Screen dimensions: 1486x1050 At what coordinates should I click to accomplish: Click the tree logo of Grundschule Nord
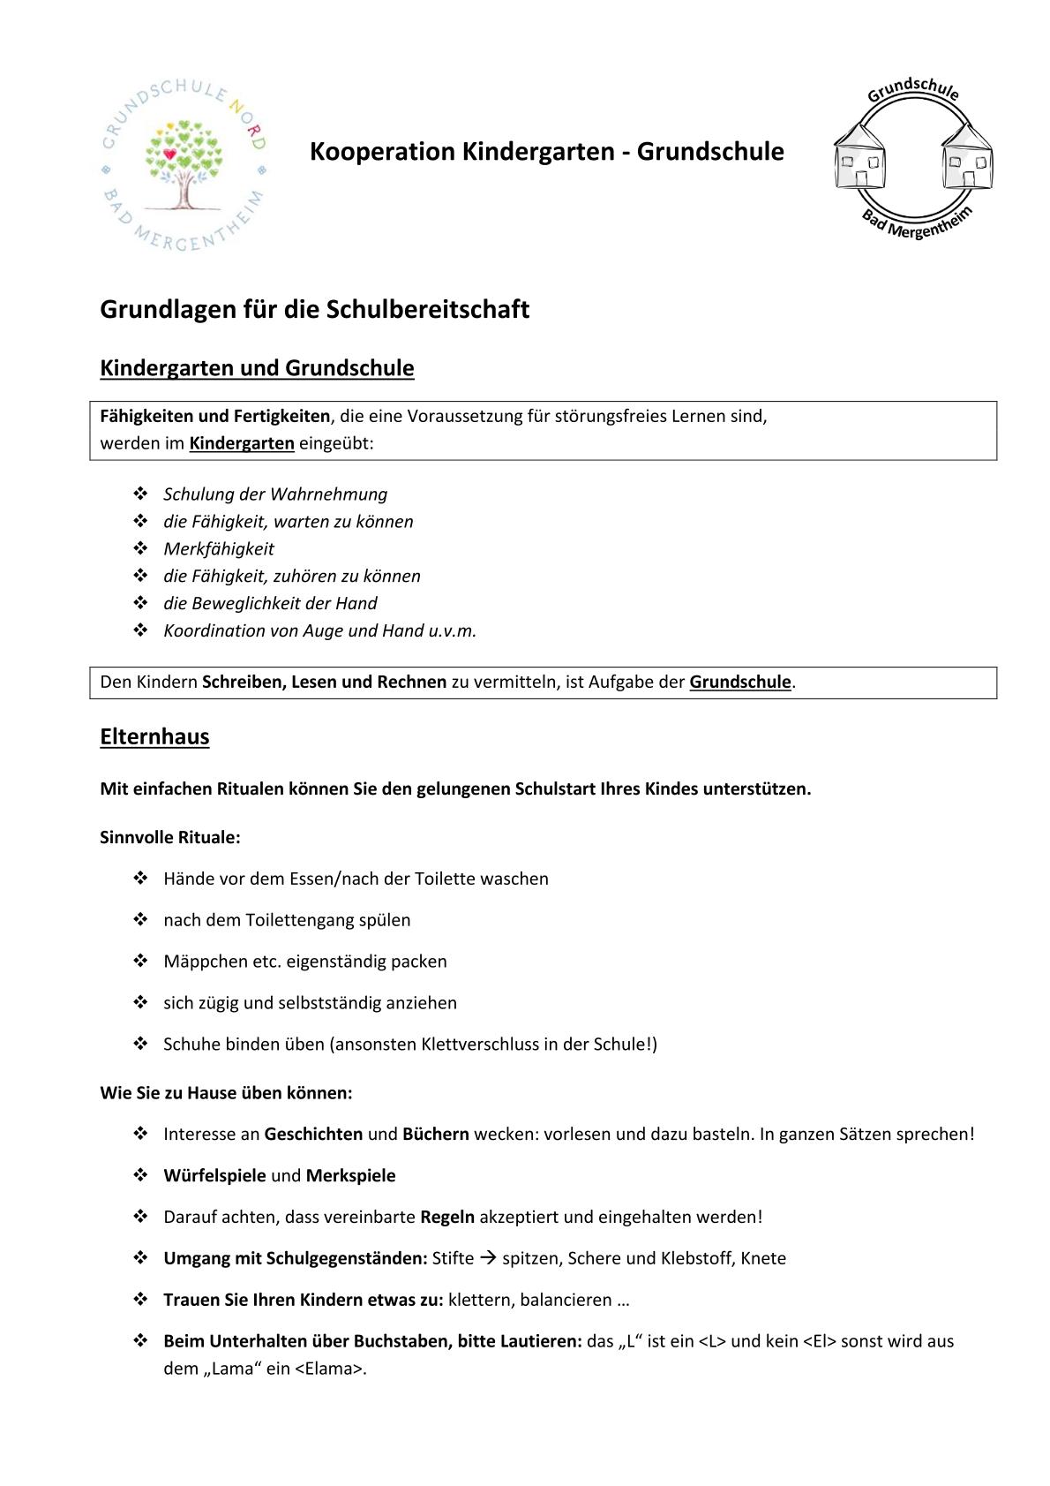coord(184,164)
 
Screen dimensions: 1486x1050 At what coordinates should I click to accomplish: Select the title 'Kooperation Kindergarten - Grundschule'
coord(546,152)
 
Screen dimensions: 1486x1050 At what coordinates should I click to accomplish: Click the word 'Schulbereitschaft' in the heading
coord(428,310)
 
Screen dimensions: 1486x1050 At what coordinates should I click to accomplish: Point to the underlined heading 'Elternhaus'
coord(154,736)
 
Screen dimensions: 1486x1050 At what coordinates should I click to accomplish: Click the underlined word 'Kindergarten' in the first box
coord(242,443)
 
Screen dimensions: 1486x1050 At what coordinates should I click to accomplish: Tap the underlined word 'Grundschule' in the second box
coord(740,683)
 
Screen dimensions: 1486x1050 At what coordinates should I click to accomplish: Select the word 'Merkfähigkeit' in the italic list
coord(219,549)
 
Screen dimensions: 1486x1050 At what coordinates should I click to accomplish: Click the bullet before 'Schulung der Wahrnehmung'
coord(140,494)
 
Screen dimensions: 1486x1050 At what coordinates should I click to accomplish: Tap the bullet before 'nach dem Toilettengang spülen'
coord(140,920)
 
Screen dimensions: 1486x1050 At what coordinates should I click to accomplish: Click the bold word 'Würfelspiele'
coord(214,1176)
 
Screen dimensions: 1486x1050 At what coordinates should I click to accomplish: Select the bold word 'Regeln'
coord(447,1218)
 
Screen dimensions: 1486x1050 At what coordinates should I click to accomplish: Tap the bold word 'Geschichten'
coord(313,1135)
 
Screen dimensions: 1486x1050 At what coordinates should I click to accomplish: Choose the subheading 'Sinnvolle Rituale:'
coord(170,837)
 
